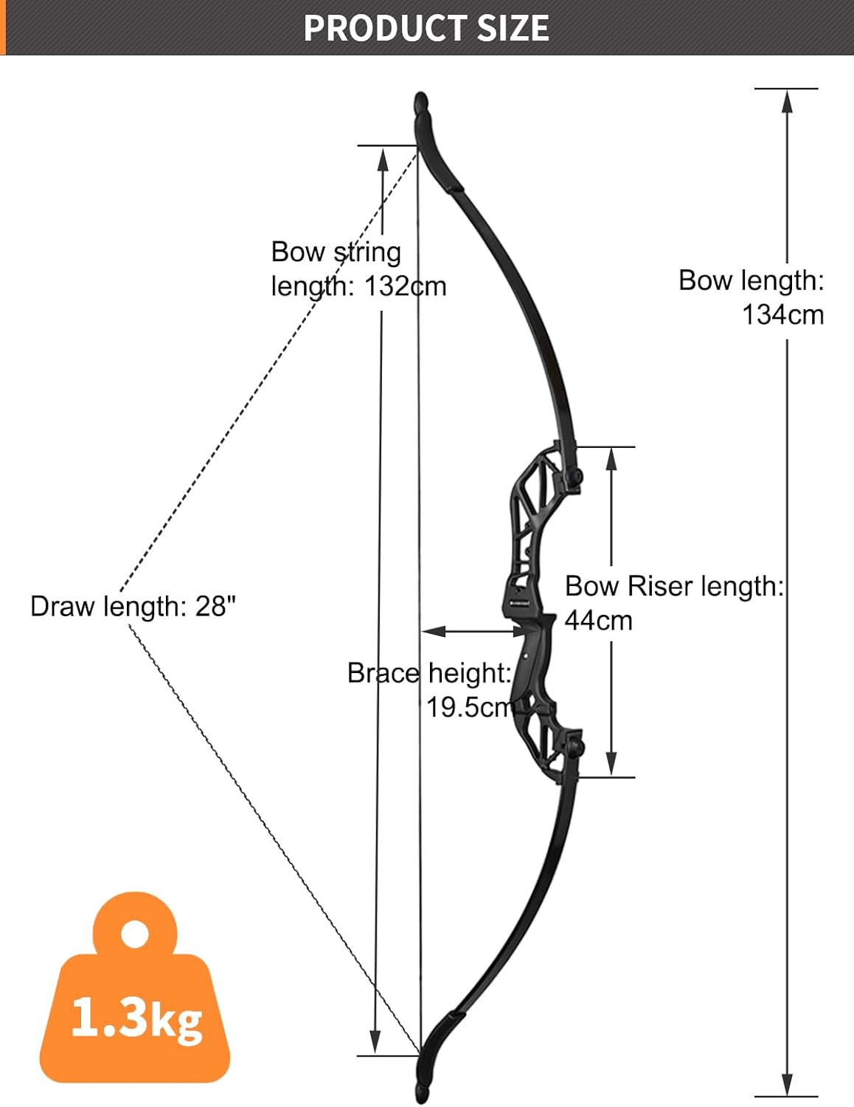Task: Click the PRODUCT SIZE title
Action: tap(426, 28)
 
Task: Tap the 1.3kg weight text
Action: tap(136, 1018)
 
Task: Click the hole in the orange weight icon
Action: tap(134, 934)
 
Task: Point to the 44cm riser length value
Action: tap(598, 621)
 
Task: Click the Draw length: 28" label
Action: tap(133, 607)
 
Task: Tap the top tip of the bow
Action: tap(420, 100)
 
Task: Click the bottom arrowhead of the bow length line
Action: tap(787, 1085)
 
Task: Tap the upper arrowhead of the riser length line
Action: tap(611, 459)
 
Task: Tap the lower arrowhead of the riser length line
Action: tap(611, 764)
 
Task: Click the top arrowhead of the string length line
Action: tap(383, 159)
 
